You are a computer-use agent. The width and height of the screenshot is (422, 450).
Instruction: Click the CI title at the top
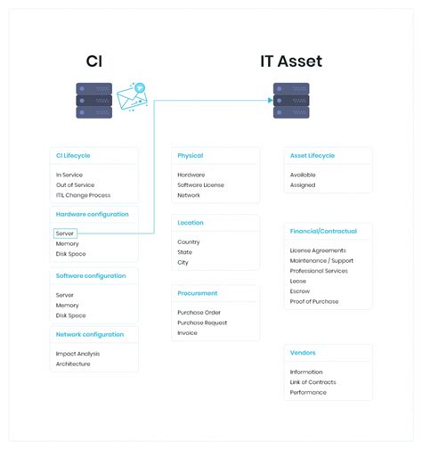94,61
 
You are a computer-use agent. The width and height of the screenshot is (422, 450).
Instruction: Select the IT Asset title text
291,61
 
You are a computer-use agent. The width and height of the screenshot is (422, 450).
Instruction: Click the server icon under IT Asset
291,100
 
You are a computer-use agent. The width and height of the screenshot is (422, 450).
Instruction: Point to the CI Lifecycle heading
73,155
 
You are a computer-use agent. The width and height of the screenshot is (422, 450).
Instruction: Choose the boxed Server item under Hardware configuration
65,233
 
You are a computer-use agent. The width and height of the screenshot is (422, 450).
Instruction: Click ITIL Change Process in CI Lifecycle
83,194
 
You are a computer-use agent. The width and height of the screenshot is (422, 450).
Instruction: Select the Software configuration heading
90,275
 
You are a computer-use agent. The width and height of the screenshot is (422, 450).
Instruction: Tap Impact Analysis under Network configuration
77,353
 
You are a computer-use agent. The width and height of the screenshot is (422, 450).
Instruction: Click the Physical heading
191,155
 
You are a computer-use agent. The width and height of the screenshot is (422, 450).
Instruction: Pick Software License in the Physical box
201,184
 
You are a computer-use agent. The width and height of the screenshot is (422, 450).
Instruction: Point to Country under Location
189,241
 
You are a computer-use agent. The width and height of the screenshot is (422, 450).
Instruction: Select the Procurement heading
198,293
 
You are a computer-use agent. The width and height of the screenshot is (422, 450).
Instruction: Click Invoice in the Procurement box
187,332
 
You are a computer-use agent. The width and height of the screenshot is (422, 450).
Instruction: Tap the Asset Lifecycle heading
312,155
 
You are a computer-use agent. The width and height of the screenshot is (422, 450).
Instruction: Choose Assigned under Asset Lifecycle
303,184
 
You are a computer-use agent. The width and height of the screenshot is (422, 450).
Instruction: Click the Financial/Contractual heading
323,231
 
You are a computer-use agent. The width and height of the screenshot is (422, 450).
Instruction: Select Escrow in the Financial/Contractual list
300,290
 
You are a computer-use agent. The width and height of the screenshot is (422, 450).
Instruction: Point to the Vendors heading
303,352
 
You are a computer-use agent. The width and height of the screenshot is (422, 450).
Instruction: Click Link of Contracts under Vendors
313,381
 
